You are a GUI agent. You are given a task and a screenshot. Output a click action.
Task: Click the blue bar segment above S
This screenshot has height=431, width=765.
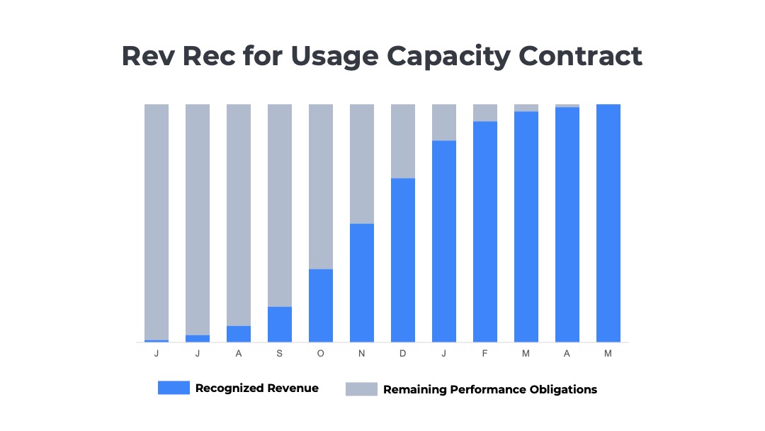tap(279, 325)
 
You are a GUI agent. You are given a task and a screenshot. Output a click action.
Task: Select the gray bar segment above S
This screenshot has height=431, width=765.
tap(279, 206)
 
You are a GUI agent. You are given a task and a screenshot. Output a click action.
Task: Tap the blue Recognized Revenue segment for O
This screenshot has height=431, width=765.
tap(320, 306)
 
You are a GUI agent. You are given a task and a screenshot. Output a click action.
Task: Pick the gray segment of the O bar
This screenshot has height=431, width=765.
tap(320, 186)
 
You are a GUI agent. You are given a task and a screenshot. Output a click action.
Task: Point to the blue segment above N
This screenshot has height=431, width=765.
tap(361, 283)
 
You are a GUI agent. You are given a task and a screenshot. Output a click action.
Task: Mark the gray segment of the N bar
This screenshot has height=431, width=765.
tap(361, 164)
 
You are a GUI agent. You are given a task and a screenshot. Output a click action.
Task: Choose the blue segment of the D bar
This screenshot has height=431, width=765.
tap(402, 260)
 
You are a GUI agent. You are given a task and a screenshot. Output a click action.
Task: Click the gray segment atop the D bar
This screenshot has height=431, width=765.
tap(402, 141)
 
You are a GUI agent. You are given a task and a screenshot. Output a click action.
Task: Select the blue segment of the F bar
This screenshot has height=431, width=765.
tap(484, 232)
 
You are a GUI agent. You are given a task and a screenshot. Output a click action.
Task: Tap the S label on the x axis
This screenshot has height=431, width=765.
tap(279, 353)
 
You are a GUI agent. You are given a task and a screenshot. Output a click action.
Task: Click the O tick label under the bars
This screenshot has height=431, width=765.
tap(320, 353)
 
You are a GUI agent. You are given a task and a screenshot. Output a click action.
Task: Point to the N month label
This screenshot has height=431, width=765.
tap(361, 353)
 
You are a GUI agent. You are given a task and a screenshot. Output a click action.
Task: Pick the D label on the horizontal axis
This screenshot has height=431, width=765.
tap(402, 353)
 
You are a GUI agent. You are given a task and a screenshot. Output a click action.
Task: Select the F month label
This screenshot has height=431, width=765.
tap(484, 353)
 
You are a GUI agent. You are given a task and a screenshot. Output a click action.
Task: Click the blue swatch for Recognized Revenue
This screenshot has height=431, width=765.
tap(174, 388)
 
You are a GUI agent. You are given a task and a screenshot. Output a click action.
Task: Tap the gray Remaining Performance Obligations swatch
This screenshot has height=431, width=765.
tap(361, 389)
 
